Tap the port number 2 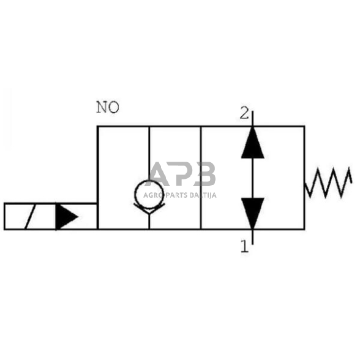coord(244,113)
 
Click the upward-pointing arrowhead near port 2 coord(252,144)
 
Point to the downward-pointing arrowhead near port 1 coord(252,212)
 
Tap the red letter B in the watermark coord(204,174)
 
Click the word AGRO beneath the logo coord(152,195)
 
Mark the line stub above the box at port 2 coord(252,118)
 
